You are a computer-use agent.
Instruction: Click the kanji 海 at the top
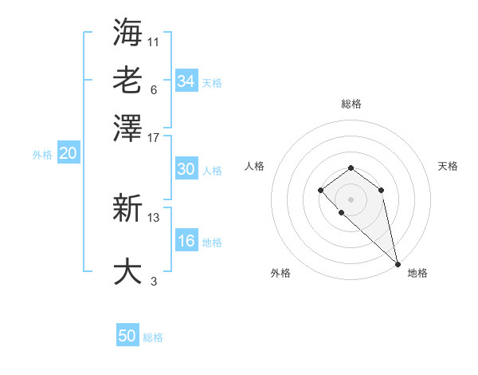click(127, 32)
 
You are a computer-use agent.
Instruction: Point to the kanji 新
click(127, 210)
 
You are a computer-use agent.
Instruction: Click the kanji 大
click(127, 271)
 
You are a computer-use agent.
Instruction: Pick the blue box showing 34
click(186, 81)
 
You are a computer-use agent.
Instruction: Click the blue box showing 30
click(186, 169)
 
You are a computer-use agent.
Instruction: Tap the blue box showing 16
click(186, 242)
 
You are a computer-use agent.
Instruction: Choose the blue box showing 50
click(127, 337)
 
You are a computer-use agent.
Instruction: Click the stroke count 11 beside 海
click(154, 40)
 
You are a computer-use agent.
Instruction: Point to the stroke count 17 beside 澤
click(154, 137)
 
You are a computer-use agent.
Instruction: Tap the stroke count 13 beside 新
click(154, 217)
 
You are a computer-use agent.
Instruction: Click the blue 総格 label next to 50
click(153, 338)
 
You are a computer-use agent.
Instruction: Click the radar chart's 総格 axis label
click(351, 104)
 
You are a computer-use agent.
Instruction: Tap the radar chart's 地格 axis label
click(417, 273)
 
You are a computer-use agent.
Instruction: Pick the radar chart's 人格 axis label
click(255, 166)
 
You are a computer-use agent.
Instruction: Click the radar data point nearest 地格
click(397, 263)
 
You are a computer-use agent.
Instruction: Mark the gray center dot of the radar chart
click(351, 199)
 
